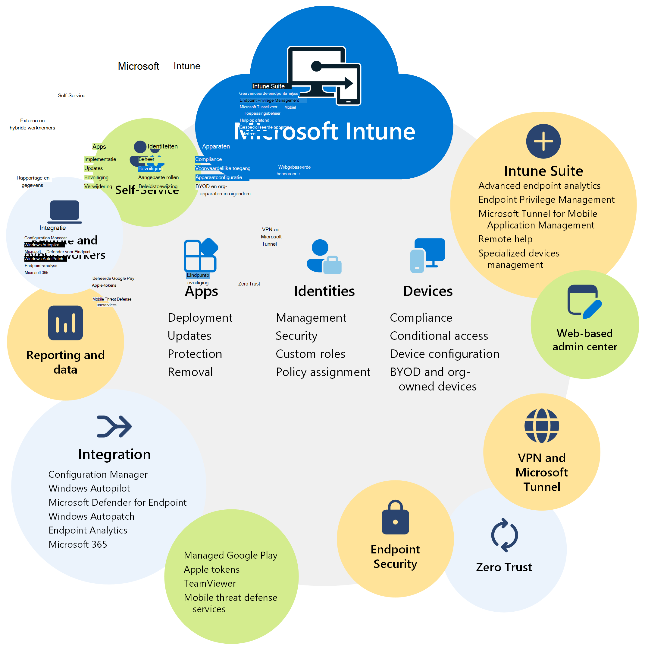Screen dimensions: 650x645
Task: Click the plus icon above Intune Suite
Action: click(543, 141)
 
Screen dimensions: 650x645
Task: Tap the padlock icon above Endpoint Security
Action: click(395, 518)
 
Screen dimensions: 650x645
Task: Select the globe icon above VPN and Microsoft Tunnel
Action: click(542, 425)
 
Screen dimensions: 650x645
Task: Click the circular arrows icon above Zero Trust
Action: click(504, 535)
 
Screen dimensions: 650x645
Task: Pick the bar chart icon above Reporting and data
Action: click(65, 323)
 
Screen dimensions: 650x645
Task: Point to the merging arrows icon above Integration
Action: click(114, 426)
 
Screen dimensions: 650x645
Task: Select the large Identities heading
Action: click(324, 291)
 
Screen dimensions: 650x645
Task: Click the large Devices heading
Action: click(428, 291)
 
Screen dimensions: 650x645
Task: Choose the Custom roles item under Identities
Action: click(310, 354)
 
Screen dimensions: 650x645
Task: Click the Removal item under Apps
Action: click(190, 372)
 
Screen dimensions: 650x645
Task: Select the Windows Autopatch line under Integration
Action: click(91, 516)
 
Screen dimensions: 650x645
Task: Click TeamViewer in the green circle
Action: click(210, 583)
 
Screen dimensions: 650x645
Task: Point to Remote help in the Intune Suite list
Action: click(505, 239)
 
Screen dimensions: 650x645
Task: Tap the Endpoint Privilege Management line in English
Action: click(546, 199)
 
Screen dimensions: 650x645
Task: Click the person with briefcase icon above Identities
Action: click(324, 256)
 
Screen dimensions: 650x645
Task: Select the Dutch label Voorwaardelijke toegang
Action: click(223, 168)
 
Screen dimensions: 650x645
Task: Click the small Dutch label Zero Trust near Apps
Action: click(249, 284)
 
